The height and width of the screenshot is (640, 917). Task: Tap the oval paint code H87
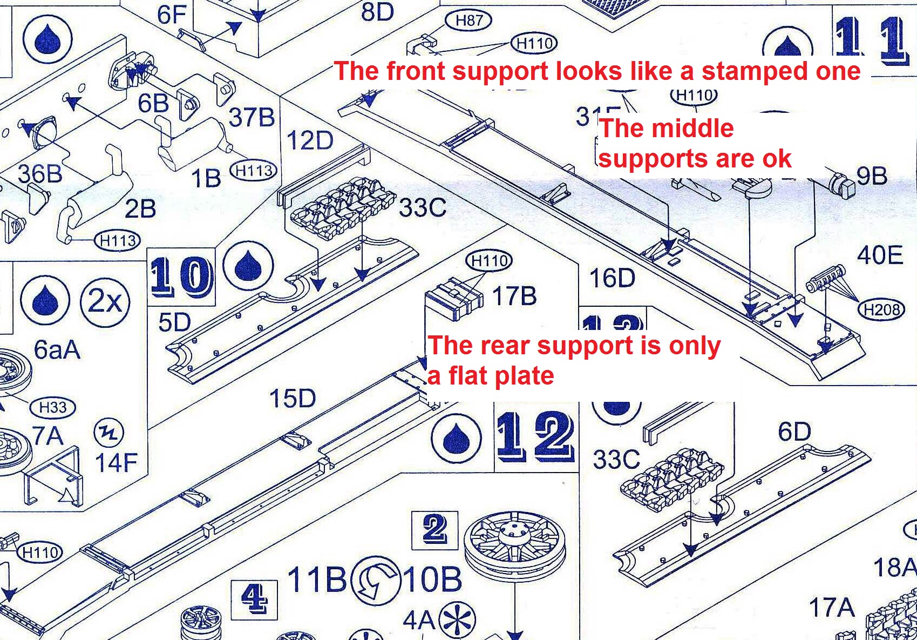pos(468,21)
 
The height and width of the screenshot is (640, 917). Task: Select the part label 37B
pos(252,117)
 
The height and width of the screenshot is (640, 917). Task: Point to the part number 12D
pos(310,140)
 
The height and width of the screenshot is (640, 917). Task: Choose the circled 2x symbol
pos(105,301)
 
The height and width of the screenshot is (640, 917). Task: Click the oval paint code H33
pos(52,407)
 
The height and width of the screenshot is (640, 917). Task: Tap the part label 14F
pos(116,463)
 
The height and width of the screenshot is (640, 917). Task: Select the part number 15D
pos(292,399)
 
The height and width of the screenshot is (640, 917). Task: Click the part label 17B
pos(514,296)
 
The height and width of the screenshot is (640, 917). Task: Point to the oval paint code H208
pos(881,309)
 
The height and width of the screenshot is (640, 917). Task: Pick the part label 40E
pos(880,255)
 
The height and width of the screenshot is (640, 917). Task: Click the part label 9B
pos(872,176)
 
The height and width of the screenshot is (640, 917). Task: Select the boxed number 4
pos(254,598)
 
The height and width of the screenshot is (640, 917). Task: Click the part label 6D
pos(794,432)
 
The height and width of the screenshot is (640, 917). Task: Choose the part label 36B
pos(39,174)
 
